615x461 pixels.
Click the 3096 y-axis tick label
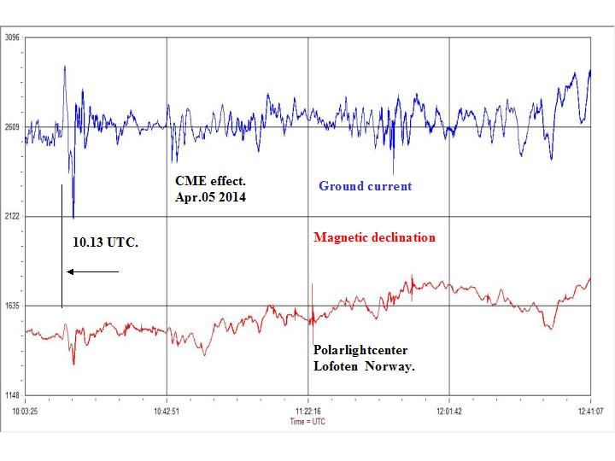coord(12,38)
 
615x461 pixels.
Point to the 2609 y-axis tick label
coord(12,127)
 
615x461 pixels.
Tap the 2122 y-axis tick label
coord(12,217)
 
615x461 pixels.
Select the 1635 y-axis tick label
coord(12,306)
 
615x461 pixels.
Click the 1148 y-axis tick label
coord(12,395)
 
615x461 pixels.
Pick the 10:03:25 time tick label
coord(26,411)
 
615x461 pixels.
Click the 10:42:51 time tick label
coord(167,411)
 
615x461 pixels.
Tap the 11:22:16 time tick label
coord(308,411)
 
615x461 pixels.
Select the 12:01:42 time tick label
coord(449,411)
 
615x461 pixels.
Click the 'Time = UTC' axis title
coord(307,421)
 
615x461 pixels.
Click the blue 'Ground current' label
coord(365,186)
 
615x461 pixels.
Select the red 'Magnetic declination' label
coord(374,237)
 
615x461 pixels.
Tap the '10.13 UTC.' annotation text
coord(106,243)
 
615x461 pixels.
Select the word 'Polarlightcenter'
coord(359,351)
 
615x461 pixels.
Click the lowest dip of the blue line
coord(73,217)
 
